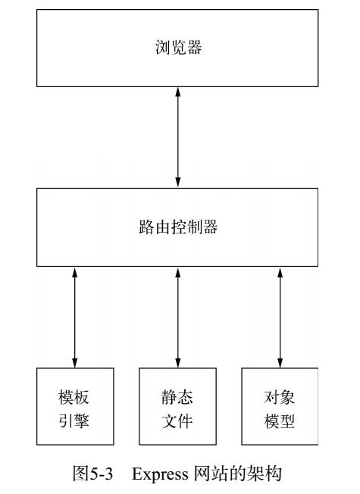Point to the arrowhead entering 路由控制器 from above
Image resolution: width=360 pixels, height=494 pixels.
coord(178,183)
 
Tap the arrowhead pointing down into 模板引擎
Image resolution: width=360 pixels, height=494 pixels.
coord(75,361)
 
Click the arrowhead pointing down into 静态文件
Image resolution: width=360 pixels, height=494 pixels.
coord(178,361)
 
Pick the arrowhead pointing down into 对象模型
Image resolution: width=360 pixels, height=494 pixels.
coord(280,361)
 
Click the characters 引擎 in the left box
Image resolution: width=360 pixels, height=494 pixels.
coord(75,417)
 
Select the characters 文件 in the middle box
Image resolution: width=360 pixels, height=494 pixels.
coord(178,417)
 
